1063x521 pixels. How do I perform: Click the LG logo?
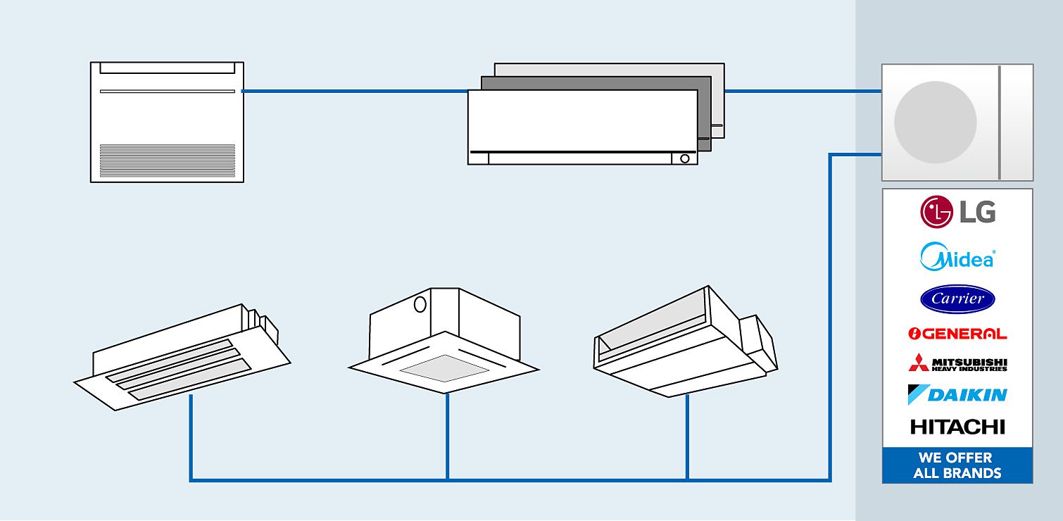point(957,212)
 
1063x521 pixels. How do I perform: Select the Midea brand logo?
point(957,257)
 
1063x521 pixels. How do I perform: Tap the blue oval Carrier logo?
point(957,299)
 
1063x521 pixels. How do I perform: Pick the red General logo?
point(957,334)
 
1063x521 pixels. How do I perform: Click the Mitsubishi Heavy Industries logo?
point(957,363)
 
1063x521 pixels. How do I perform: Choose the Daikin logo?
point(957,394)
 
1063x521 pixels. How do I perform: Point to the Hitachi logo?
point(957,427)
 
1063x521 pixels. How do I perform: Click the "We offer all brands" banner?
point(957,465)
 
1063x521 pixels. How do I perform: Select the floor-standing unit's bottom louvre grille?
point(167,160)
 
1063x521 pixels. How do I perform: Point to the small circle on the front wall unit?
point(685,158)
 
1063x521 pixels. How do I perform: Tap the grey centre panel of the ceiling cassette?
point(444,368)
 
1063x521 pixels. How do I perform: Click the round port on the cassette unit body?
point(420,304)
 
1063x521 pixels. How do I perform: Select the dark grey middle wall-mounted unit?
point(704,113)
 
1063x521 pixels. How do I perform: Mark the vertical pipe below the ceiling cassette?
point(447,437)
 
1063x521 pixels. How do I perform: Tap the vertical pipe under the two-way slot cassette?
point(191,437)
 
